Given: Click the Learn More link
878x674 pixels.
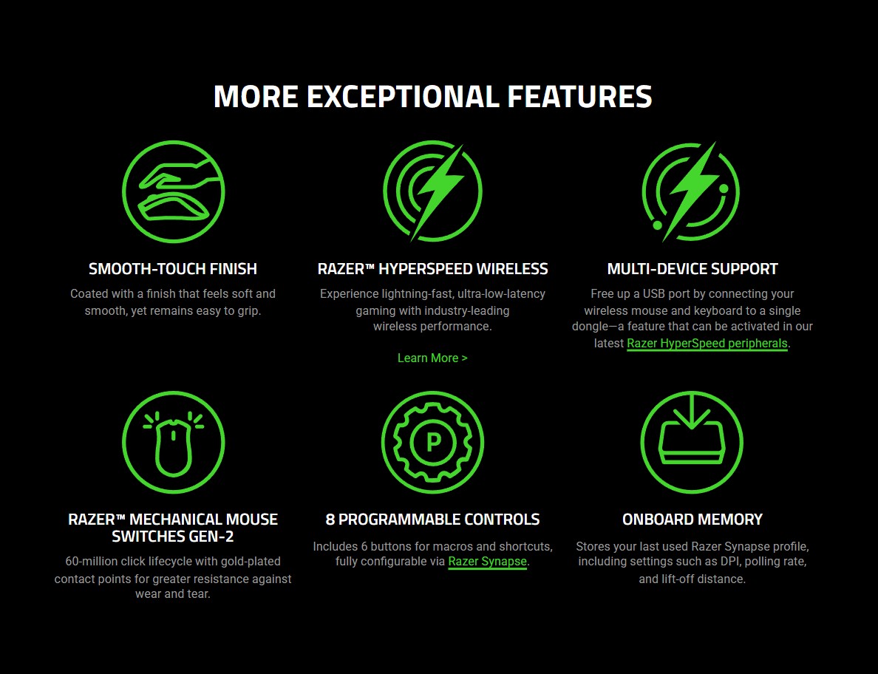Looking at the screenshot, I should pyautogui.click(x=432, y=358).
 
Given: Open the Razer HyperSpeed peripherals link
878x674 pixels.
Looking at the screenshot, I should pyautogui.click(x=707, y=344).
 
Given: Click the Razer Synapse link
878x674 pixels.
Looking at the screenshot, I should pyautogui.click(x=487, y=562).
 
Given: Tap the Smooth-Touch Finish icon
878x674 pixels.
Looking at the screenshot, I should pyautogui.click(x=173, y=192).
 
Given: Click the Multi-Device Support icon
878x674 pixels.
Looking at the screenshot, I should pyautogui.click(x=691, y=192).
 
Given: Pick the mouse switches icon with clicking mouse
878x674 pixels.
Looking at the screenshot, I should pyautogui.click(x=173, y=443).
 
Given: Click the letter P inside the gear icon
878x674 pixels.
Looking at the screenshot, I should pyautogui.click(x=433, y=442).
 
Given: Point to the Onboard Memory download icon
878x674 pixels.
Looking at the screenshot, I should pyautogui.click(x=691, y=443).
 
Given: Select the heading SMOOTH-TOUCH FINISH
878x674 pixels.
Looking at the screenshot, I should pyautogui.click(x=173, y=269).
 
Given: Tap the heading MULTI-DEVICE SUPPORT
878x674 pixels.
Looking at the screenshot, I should pyautogui.click(x=692, y=269).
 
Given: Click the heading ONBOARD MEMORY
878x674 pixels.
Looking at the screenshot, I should pyautogui.click(x=692, y=520).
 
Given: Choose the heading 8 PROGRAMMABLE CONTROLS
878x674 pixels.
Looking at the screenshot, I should pyautogui.click(x=432, y=520).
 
